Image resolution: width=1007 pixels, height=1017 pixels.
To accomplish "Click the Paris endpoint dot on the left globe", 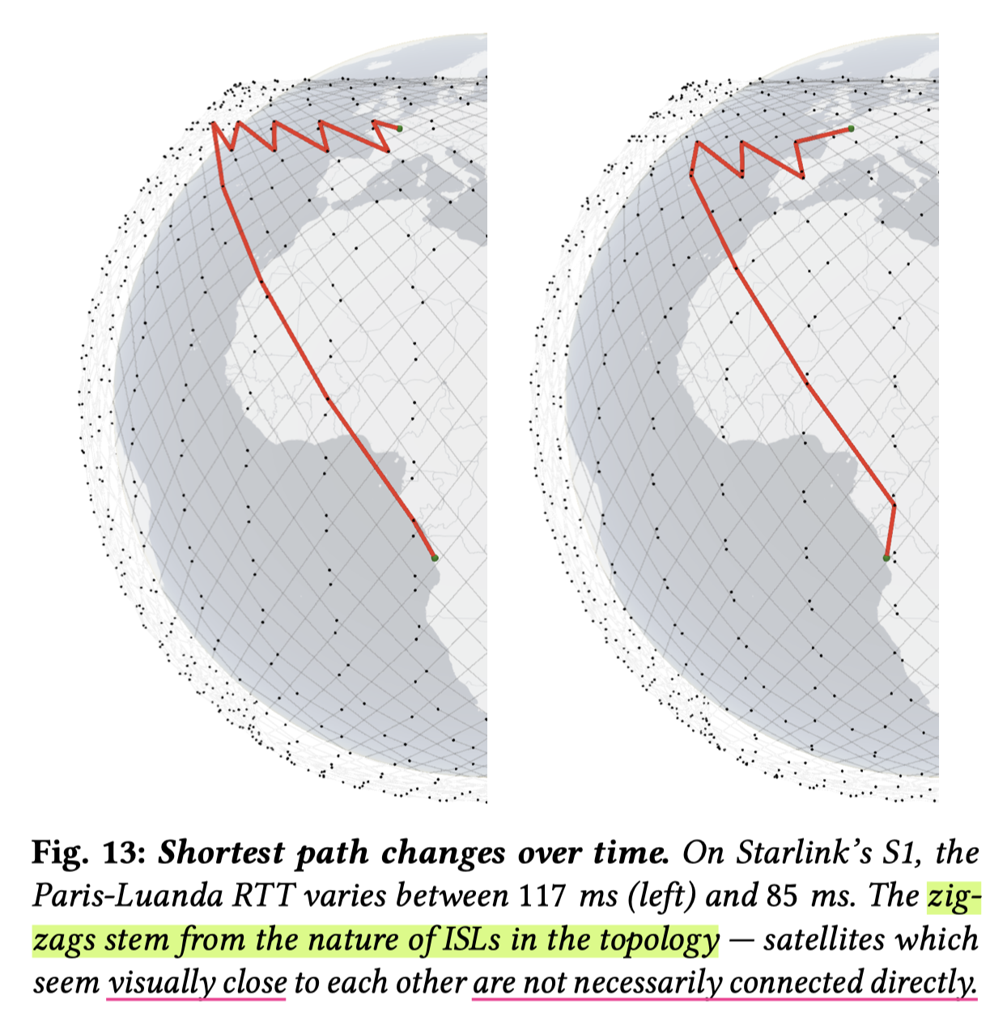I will click(x=399, y=128).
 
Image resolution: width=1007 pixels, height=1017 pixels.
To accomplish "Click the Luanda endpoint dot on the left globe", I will click(x=435, y=558).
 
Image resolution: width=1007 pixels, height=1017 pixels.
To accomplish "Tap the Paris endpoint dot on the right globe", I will click(x=851, y=128).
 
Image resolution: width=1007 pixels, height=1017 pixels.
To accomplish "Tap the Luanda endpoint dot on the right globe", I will click(x=886, y=558).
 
